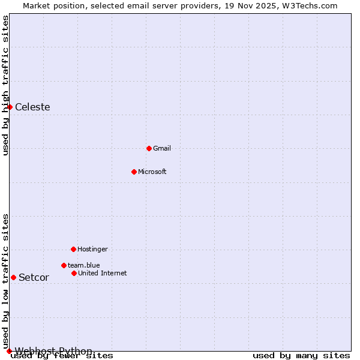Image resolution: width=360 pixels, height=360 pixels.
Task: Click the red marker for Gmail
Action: point(149,148)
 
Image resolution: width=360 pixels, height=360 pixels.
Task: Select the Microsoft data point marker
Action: point(134,172)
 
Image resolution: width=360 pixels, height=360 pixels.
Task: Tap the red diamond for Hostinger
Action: point(73,249)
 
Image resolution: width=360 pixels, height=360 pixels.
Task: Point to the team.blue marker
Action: point(64,265)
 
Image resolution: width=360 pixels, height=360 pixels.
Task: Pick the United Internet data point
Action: point(74,273)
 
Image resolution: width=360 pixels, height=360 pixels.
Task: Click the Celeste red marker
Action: point(10,107)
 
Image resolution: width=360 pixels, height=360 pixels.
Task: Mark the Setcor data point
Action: point(13,277)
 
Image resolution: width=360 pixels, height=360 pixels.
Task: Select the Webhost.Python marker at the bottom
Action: point(9,351)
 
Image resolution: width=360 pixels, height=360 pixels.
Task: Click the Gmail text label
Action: point(162,148)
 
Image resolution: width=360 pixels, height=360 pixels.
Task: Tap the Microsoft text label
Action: point(152,172)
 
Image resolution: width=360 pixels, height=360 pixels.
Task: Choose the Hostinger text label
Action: point(92,249)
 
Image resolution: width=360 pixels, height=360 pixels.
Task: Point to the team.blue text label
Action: point(84,265)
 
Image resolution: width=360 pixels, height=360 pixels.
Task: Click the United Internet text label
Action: point(103,273)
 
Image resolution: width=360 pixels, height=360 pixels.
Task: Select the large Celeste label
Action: point(32,107)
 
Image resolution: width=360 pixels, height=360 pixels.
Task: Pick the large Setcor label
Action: point(34,278)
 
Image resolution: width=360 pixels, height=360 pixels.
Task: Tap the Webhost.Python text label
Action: point(54,351)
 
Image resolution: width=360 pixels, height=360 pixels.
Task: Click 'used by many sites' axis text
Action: point(301,356)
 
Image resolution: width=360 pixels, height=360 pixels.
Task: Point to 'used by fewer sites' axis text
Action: point(62,356)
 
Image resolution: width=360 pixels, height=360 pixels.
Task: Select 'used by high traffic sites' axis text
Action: point(5,85)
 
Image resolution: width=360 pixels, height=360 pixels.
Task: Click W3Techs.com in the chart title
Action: point(310,5)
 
